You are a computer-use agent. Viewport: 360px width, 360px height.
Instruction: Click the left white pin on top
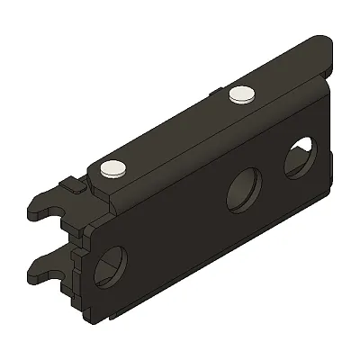coord(112,167)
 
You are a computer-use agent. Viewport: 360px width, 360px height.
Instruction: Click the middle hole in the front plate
coord(241,192)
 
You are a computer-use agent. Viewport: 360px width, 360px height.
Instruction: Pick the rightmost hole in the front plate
coord(299,159)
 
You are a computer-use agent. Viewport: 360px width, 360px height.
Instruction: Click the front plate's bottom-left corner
coord(90,317)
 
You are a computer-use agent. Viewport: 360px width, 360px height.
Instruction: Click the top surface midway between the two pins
coord(177,130)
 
